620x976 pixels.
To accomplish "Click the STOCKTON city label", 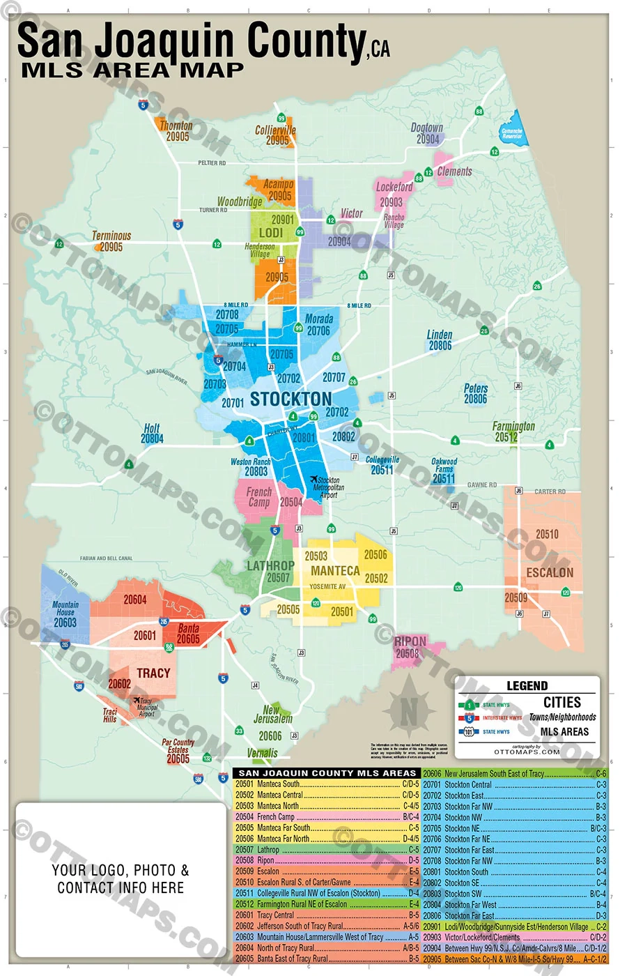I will (x=290, y=399).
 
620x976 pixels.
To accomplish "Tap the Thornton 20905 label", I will (x=176, y=131).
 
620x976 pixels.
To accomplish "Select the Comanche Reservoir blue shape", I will (x=514, y=130).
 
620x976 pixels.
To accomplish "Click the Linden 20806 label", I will (x=440, y=340).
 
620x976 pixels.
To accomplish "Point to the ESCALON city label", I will (x=550, y=572).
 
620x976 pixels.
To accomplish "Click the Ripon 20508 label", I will (x=410, y=648).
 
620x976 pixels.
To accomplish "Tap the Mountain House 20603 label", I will (x=65, y=613).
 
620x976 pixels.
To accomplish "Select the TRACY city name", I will (x=153, y=673).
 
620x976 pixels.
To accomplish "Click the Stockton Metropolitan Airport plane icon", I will (x=314, y=480).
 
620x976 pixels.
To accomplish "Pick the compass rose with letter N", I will (x=409, y=711).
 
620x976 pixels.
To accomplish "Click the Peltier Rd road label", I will (x=212, y=163).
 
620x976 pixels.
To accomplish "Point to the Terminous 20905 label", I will (x=111, y=241).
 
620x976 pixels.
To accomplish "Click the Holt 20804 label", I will (x=152, y=434).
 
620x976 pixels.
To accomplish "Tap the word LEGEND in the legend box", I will (x=527, y=686).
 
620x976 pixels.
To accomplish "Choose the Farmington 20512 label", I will (x=513, y=432).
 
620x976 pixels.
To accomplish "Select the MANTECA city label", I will (x=335, y=571).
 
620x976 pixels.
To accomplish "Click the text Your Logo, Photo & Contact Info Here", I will (x=121, y=879).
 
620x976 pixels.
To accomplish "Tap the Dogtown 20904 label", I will (x=427, y=133).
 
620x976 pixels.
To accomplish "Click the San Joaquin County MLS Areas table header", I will (x=327, y=773).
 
